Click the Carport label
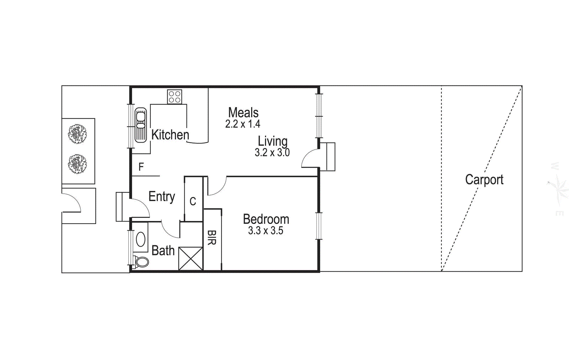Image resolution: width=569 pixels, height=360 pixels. point(484,180)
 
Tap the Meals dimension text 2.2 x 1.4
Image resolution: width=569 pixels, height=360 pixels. point(243,124)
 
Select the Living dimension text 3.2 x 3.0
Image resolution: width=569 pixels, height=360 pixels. point(272,152)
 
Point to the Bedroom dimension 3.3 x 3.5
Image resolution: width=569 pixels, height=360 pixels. point(266,231)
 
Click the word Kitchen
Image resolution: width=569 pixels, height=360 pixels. point(170,135)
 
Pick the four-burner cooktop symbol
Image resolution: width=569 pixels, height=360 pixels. point(175,97)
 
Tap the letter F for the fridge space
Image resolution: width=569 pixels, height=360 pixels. point(141,167)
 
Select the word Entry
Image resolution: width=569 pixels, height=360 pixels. point(161,196)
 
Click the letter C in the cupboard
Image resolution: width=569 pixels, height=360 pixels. point(193,202)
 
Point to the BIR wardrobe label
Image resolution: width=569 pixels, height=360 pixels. point(212,237)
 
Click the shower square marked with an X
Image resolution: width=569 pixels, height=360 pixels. point(191,258)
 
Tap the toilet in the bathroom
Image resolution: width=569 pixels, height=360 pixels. point(142,262)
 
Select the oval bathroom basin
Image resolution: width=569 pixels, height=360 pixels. point(141,239)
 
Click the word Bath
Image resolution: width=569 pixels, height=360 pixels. point(163,251)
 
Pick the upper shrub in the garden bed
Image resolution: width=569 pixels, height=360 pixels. point(78,134)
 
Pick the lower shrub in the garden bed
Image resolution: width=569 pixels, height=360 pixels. point(78,164)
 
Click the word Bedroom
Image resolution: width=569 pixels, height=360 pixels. point(266,219)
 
